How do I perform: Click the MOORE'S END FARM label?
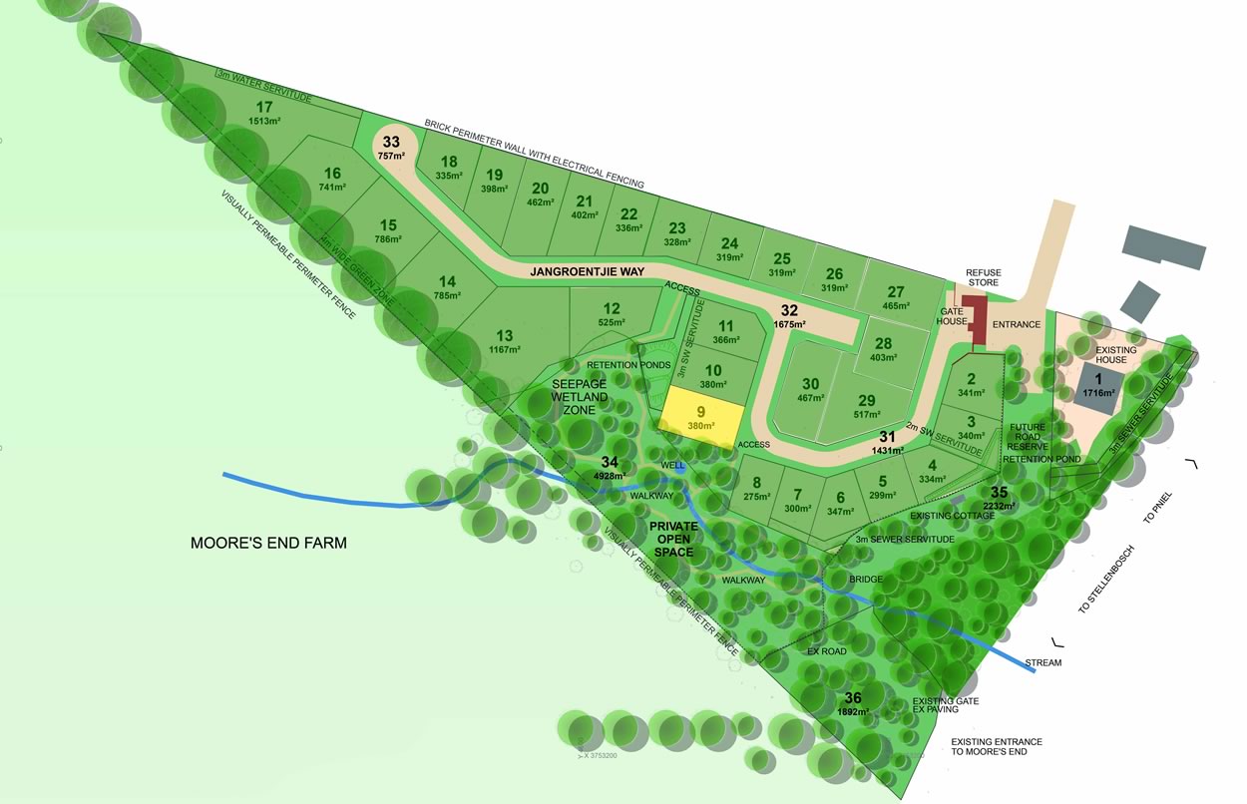coord(268,544)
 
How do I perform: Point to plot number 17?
coord(264,108)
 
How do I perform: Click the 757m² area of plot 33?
coord(391,157)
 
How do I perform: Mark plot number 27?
coord(896,291)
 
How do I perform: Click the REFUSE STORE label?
coord(983,277)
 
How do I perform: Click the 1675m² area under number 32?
coord(789,325)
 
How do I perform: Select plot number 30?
coord(810,384)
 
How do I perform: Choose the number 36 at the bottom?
coord(853,697)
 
